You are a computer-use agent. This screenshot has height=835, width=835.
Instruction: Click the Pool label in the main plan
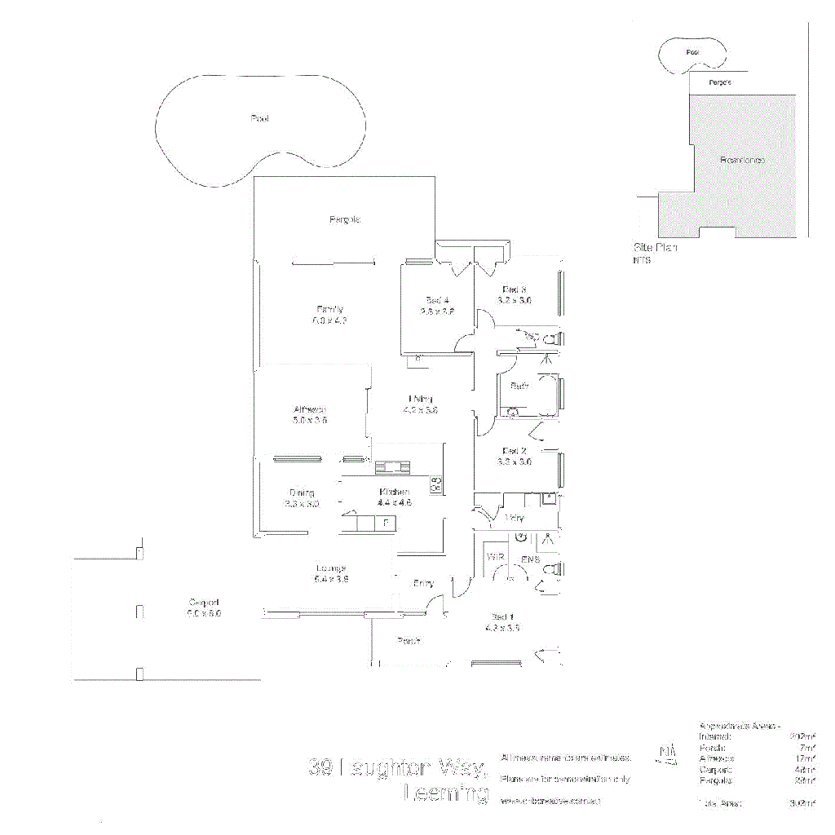tap(260, 119)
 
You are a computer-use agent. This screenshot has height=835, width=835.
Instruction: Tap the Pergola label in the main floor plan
tap(345, 219)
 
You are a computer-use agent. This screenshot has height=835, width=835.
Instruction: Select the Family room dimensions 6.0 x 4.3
tap(329, 320)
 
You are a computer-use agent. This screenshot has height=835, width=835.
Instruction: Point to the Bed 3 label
tap(515, 289)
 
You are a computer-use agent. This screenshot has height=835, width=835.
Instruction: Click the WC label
tap(532, 336)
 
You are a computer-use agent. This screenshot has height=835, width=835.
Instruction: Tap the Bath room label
tap(519, 386)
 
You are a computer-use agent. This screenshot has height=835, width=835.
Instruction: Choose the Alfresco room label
tap(310, 410)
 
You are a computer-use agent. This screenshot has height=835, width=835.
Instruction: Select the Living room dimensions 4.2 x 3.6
tap(421, 410)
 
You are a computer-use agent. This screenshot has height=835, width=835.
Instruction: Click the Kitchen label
tap(394, 492)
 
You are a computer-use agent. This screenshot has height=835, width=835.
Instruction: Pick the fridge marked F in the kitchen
tap(385, 521)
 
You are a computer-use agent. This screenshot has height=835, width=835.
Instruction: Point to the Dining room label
tap(302, 493)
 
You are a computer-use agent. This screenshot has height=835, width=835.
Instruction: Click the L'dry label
tap(514, 519)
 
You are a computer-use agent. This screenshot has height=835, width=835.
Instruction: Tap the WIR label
tap(495, 558)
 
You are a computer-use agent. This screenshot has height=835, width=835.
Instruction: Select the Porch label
tap(409, 641)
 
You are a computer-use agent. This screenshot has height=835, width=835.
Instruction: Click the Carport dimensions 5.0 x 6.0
tap(204, 612)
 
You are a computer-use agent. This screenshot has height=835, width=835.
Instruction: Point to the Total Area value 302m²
tap(803, 803)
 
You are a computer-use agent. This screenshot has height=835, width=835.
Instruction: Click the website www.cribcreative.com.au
tap(551, 802)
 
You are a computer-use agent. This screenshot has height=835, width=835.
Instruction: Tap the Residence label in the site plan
tap(742, 160)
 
